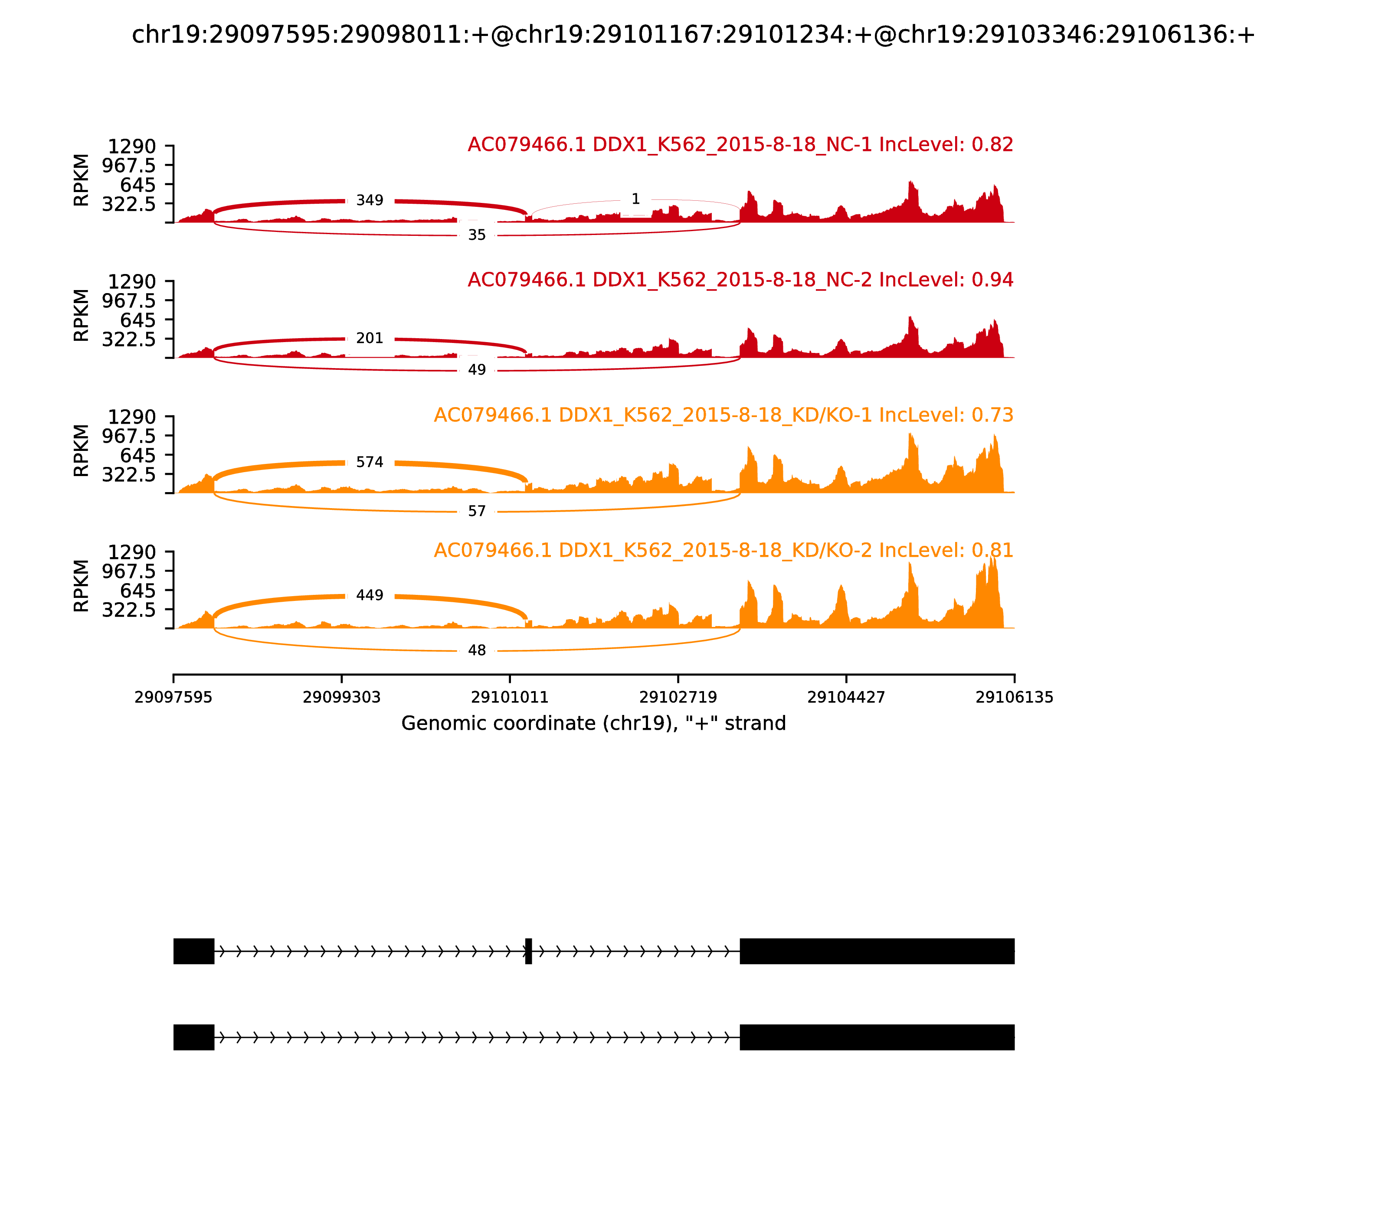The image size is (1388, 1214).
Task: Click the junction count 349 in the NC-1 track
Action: (370, 200)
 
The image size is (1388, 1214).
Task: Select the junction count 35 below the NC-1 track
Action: (477, 235)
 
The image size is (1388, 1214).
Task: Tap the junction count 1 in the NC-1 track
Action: (635, 199)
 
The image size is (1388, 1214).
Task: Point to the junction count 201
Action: (370, 338)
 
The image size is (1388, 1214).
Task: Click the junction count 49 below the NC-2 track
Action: (477, 370)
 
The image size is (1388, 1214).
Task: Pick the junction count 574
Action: (370, 462)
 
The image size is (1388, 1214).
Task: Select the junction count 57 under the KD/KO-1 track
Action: (477, 512)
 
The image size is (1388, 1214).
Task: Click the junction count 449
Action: (370, 595)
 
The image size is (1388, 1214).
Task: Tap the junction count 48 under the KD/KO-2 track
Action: (477, 650)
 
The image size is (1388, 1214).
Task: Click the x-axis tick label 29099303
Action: (342, 698)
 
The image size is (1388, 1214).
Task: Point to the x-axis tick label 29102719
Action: (678, 698)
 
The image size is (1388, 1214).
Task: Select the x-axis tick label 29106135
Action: (1014, 698)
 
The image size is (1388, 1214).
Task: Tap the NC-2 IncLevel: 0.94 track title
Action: (740, 280)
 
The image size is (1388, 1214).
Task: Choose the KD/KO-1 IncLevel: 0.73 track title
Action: (723, 415)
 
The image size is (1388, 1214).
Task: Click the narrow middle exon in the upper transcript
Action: (529, 951)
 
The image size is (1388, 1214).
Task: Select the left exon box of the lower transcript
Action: (194, 1037)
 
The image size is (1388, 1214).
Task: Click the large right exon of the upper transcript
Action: (877, 951)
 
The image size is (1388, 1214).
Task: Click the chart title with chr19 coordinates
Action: (693, 35)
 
